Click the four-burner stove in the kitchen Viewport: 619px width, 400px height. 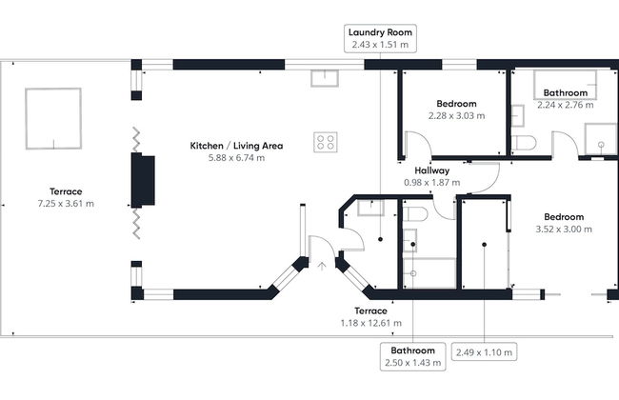[x=326, y=142]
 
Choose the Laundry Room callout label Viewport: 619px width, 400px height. [x=379, y=31]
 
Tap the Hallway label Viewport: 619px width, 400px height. [x=431, y=170]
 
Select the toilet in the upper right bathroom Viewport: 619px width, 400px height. [x=522, y=143]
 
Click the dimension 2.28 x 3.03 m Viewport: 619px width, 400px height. [x=456, y=115]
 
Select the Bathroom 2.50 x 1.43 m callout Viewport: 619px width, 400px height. [x=412, y=355]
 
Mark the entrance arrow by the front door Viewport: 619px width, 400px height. [x=320, y=266]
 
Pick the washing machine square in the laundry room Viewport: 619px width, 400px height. [x=369, y=207]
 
